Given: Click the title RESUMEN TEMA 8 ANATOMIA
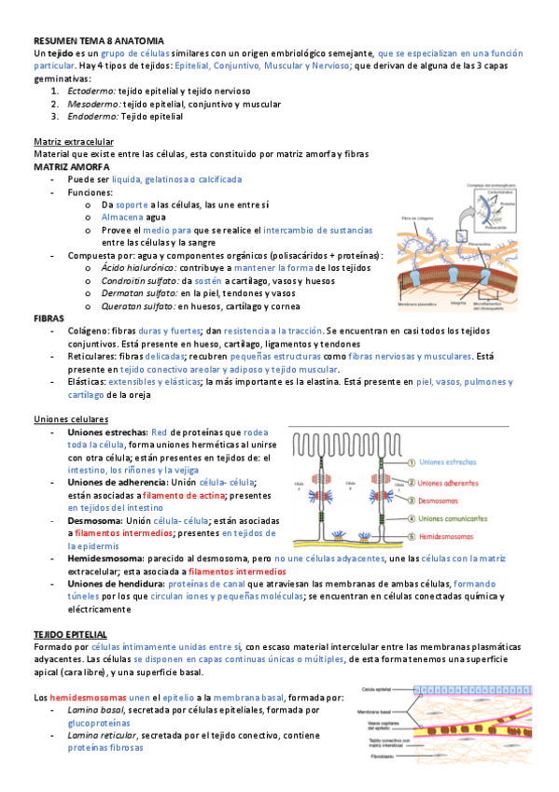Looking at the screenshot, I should coord(98,42).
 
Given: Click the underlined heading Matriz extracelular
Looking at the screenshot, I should coord(73,141).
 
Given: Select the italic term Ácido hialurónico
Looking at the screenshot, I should coord(139,267).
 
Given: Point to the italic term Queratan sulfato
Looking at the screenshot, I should coord(137,305).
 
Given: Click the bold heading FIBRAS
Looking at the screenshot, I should coord(49,318).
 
